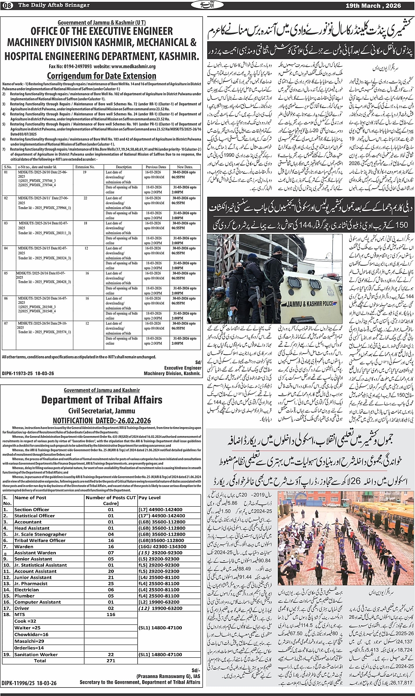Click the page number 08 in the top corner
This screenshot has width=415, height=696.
(x=8, y=5)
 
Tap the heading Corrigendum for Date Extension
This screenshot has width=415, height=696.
(x=101, y=76)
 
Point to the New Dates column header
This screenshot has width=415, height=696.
(x=185, y=167)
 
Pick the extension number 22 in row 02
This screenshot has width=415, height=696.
(x=86, y=198)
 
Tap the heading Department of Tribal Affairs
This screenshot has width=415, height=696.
(x=101, y=400)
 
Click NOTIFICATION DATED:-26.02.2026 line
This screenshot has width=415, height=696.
(x=101, y=420)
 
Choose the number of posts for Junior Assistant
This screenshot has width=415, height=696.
(x=111, y=577)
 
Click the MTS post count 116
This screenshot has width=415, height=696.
(x=111, y=615)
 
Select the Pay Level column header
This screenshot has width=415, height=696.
(x=149, y=498)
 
